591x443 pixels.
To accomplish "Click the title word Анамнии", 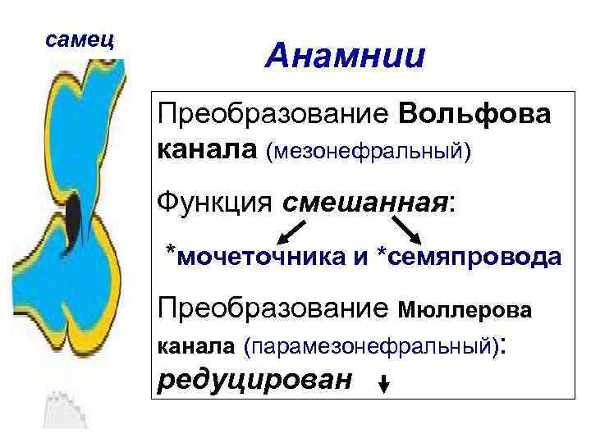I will tap(346, 57).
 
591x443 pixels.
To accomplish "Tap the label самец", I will tap(80, 38).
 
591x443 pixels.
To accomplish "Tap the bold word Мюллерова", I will tap(465, 310).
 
